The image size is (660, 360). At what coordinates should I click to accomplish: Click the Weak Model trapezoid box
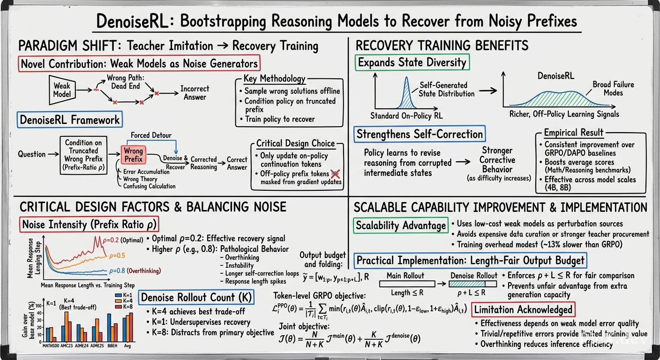[62, 90]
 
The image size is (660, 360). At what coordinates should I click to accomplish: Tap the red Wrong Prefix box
[133, 155]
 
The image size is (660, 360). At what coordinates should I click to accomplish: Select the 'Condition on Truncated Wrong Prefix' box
[83, 155]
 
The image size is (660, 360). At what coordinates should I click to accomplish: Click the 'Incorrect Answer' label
[195, 93]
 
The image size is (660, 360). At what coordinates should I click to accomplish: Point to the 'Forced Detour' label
[151, 135]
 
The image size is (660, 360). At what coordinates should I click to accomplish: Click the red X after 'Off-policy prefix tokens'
[335, 174]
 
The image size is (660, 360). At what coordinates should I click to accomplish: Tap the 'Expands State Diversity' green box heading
[412, 62]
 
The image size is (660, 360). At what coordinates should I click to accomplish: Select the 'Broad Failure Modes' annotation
[613, 89]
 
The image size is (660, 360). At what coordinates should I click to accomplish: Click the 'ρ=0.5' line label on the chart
[117, 255]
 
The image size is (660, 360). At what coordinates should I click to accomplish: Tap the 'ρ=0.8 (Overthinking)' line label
[135, 271]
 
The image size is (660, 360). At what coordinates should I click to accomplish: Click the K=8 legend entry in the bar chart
[124, 307]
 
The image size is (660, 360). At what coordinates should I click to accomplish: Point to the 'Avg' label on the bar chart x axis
[127, 346]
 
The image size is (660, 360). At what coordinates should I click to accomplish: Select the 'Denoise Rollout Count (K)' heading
[196, 297]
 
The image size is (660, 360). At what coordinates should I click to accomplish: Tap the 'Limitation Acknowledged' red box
[523, 310]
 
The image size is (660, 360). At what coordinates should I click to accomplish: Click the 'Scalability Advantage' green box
[401, 225]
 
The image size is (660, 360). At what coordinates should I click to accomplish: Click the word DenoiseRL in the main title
[133, 21]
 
